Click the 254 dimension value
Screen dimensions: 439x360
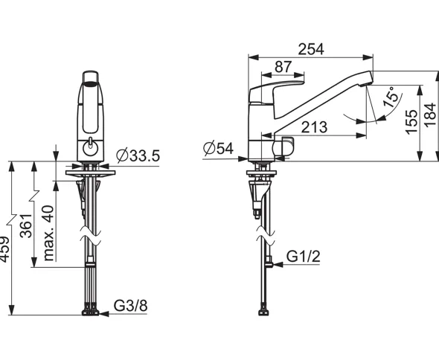click(x=311, y=49)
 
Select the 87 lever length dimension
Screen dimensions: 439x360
click(x=283, y=67)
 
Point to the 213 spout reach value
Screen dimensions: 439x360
click(x=314, y=127)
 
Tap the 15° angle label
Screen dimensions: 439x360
click(x=391, y=97)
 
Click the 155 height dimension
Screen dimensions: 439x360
click(x=411, y=122)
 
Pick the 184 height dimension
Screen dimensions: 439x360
click(x=430, y=115)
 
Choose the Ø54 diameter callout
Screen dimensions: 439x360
click(x=218, y=148)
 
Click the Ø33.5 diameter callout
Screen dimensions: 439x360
click(x=138, y=155)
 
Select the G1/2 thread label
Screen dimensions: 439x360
click(x=304, y=256)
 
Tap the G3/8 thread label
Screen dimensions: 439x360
click(x=130, y=306)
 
